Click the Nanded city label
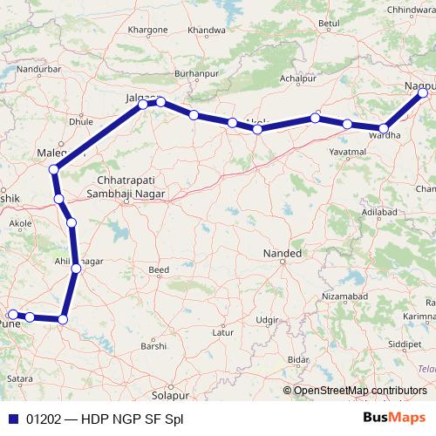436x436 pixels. pos(283,254)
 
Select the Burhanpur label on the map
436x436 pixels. pos(195,75)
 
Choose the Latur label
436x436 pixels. pos(224,332)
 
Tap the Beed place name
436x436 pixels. pos(159,270)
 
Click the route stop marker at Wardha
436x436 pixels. pos(384,129)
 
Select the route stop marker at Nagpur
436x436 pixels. pos(423,91)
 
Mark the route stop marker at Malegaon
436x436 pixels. pos(54,169)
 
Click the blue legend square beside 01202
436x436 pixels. pos(11,419)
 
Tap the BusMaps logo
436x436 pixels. pos(394,418)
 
